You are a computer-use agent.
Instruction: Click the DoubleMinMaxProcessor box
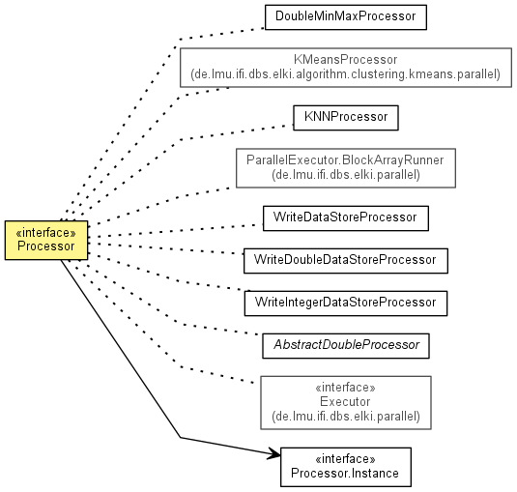[346, 17]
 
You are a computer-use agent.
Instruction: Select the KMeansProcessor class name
[346, 60]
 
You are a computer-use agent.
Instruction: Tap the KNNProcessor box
[346, 118]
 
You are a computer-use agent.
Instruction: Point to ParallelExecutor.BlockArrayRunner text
[345, 160]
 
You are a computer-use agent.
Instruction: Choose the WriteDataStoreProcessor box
[346, 218]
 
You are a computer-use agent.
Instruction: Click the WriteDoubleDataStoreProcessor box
[346, 261]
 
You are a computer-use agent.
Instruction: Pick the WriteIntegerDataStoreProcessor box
[346, 304]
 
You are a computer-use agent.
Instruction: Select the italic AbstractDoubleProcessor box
[346, 346]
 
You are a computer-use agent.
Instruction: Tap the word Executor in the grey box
[345, 402]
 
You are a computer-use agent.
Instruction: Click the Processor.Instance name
[345, 474]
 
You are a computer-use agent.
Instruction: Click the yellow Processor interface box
[46, 240]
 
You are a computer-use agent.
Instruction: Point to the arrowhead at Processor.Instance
[276, 454]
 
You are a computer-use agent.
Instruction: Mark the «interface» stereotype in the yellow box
[45, 233]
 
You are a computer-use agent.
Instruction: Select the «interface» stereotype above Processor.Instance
[345, 459]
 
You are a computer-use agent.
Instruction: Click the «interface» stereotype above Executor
[345, 388]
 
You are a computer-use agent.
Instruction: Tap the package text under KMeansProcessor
[345, 74]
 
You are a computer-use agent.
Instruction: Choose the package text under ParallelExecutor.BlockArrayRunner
[346, 175]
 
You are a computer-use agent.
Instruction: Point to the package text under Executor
[346, 417]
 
